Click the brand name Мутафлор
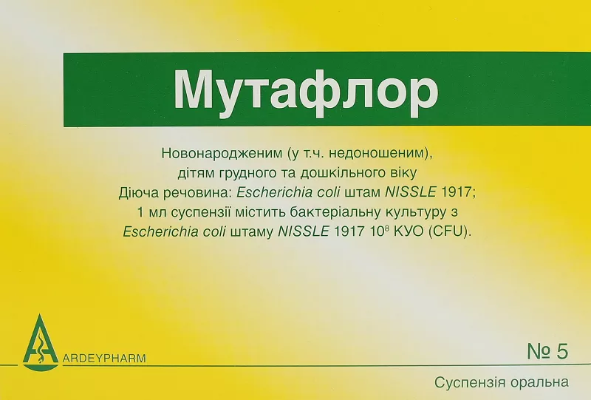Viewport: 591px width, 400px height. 306,89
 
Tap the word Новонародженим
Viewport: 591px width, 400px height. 222,153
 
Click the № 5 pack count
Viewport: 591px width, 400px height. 547,351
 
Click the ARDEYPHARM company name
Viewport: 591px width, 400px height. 104,358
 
